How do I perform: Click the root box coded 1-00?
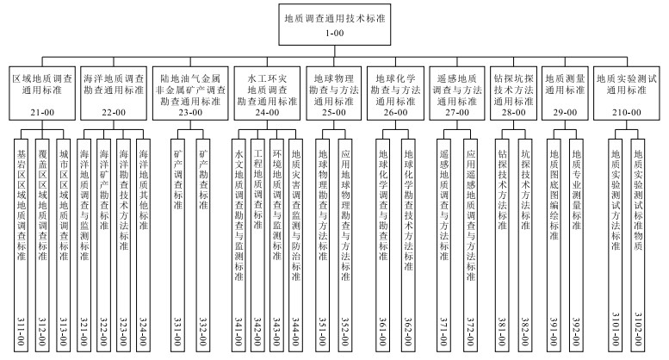(334, 24)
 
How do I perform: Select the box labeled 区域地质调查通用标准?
(42, 93)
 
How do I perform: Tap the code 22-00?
(114, 113)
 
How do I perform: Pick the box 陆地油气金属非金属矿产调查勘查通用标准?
(190, 93)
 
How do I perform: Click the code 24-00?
(267, 113)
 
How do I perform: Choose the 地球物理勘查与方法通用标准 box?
(334, 93)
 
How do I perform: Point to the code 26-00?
(395, 113)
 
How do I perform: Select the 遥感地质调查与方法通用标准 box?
(457, 93)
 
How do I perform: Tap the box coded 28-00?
(513, 93)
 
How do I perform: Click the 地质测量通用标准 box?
(565, 93)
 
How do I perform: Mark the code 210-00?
(626, 113)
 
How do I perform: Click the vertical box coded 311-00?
(21, 245)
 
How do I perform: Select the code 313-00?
(63, 332)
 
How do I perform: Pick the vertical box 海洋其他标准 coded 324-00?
(143, 245)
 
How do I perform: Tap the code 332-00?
(203, 332)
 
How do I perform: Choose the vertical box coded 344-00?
(295, 245)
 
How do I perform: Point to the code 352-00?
(345, 332)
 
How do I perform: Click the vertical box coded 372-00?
(470, 245)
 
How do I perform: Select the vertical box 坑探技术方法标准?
(525, 245)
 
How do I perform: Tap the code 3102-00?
(638, 332)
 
